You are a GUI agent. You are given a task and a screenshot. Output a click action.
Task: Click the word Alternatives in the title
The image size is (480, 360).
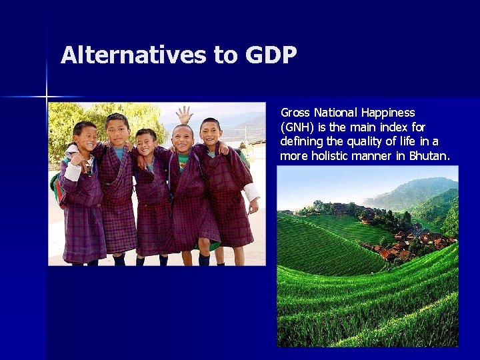(133, 55)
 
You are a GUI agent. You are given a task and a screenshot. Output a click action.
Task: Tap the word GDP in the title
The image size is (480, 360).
(271, 55)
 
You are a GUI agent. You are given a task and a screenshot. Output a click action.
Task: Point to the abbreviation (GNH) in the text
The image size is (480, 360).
(297, 127)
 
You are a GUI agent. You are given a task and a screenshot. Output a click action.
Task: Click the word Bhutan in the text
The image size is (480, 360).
(429, 156)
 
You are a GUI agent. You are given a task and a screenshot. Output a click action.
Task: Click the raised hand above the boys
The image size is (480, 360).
(185, 114)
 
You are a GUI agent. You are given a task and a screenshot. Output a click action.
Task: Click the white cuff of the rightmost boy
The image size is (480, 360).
(251, 194)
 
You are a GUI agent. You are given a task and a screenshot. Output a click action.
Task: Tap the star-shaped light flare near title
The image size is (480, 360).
(47, 97)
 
